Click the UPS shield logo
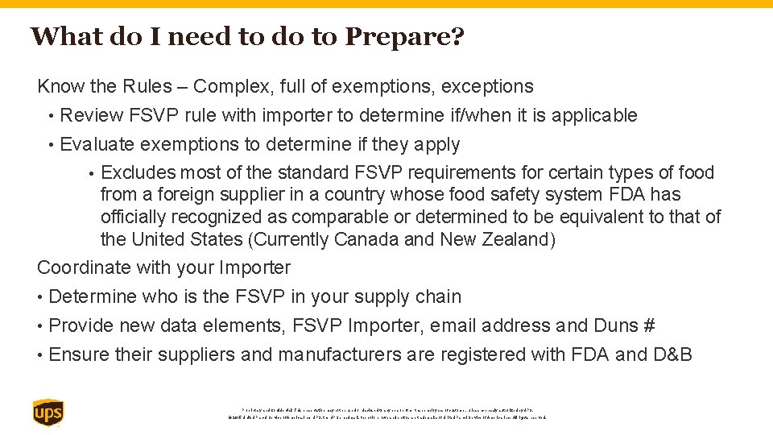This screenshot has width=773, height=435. [48, 413]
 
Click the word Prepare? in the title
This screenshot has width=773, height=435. [405, 37]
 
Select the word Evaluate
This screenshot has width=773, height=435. [97, 145]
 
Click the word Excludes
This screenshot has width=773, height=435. [138, 172]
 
